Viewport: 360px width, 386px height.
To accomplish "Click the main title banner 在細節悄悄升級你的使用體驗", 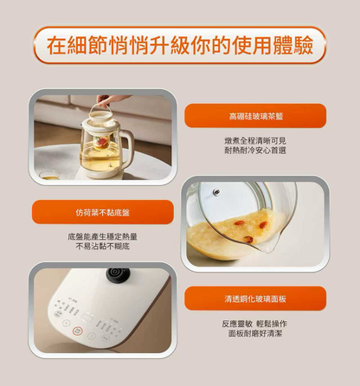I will [180, 44].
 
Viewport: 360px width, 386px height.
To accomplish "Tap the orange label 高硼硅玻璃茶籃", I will [254, 115].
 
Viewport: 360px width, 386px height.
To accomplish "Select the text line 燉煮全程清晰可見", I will [254, 140].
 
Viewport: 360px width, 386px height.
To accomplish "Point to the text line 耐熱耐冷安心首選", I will [254, 151].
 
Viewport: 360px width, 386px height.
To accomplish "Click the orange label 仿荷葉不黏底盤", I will [103, 212].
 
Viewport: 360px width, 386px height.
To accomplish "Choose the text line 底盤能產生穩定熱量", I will [103, 236].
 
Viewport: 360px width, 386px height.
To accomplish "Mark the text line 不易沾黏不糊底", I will [103, 247].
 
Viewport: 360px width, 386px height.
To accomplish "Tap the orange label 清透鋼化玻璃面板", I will [254, 299].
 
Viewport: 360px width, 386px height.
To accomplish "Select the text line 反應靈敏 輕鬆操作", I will [254, 323].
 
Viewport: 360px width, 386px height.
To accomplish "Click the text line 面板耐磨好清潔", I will [254, 333].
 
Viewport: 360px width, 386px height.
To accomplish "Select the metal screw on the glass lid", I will [216, 193].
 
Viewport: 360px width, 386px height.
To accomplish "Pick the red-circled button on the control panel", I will [77, 331].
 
